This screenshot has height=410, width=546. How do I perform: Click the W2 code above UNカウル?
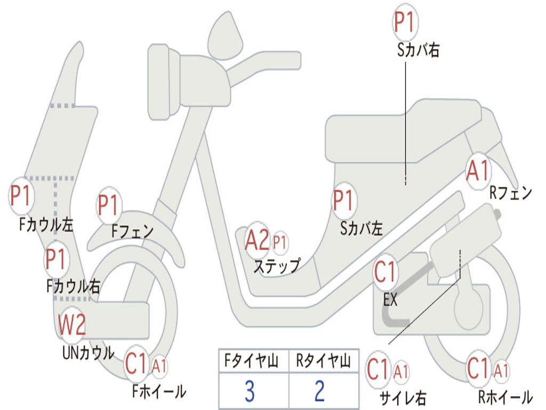tap(72, 325)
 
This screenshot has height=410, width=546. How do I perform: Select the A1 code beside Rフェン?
tap(478, 171)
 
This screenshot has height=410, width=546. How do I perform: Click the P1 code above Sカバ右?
tap(405, 21)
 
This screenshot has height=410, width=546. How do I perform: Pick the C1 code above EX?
tap(385, 272)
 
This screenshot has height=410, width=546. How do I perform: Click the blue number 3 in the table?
tap(250, 391)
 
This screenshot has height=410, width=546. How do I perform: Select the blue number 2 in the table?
tap(320, 391)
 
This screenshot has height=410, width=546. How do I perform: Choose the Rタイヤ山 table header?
tap(323, 361)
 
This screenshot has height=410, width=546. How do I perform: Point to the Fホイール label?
tap(159, 391)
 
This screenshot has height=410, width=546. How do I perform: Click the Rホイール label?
tap(505, 397)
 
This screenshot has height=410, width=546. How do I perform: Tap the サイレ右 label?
tap(403, 397)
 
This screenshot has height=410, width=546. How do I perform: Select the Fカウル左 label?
tap(46, 225)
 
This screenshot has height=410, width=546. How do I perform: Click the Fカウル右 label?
tap(73, 286)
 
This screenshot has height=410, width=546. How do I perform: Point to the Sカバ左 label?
tap(362, 228)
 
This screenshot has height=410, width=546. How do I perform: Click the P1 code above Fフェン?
tap(109, 205)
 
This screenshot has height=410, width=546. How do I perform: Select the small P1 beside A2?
tap(279, 241)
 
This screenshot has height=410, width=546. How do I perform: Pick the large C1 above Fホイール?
tap(136, 364)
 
